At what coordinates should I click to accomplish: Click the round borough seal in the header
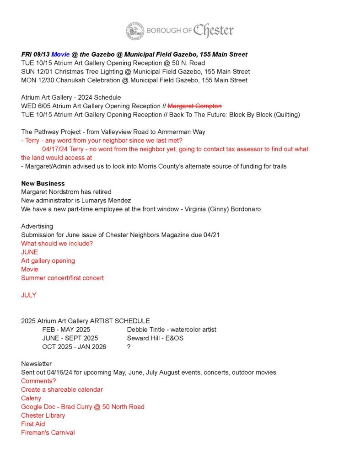point(135,31)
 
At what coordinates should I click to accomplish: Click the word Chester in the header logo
point(213,31)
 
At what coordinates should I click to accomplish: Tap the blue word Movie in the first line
point(60,54)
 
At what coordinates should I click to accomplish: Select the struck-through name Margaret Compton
point(194,106)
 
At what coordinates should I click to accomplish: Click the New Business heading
point(43,183)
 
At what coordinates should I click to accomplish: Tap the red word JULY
point(28,295)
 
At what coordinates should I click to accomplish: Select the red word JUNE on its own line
point(29,252)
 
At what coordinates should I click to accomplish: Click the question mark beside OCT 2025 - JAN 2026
point(129,347)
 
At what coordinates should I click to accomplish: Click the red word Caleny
point(31,399)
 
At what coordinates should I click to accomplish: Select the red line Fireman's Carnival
point(48,433)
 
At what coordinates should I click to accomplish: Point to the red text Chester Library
point(43,415)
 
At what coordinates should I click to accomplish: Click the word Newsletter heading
point(37,364)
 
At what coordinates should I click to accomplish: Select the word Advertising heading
point(37,226)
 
